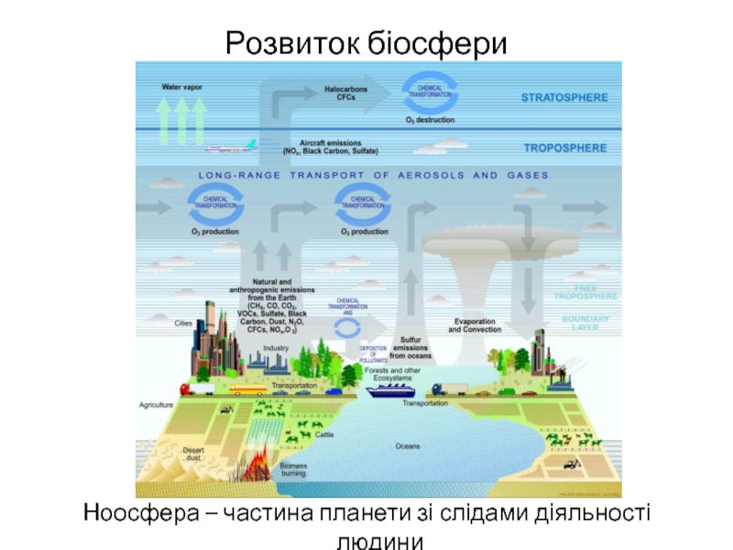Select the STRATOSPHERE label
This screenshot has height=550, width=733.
pyautogui.click(x=563, y=96)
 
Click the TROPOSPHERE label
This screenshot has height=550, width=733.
pyautogui.click(x=564, y=147)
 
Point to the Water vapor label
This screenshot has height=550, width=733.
pyautogui.click(x=182, y=87)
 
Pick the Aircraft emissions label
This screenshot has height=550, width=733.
pyautogui.click(x=323, y=146)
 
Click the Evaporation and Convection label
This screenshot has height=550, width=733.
pyautogui.click(x=475, y=325)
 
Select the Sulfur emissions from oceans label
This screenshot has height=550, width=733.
pyautogui.click(x=410, y=346)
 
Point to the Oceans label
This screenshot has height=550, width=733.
pyautogui.click(x=407, y=446)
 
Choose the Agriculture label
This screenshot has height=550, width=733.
pyautogui.click(x=156, y=404)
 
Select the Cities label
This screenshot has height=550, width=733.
pyautogui.click(x=183, y=324)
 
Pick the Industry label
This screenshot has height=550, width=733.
pyautogui.click(x=276, y=348)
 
